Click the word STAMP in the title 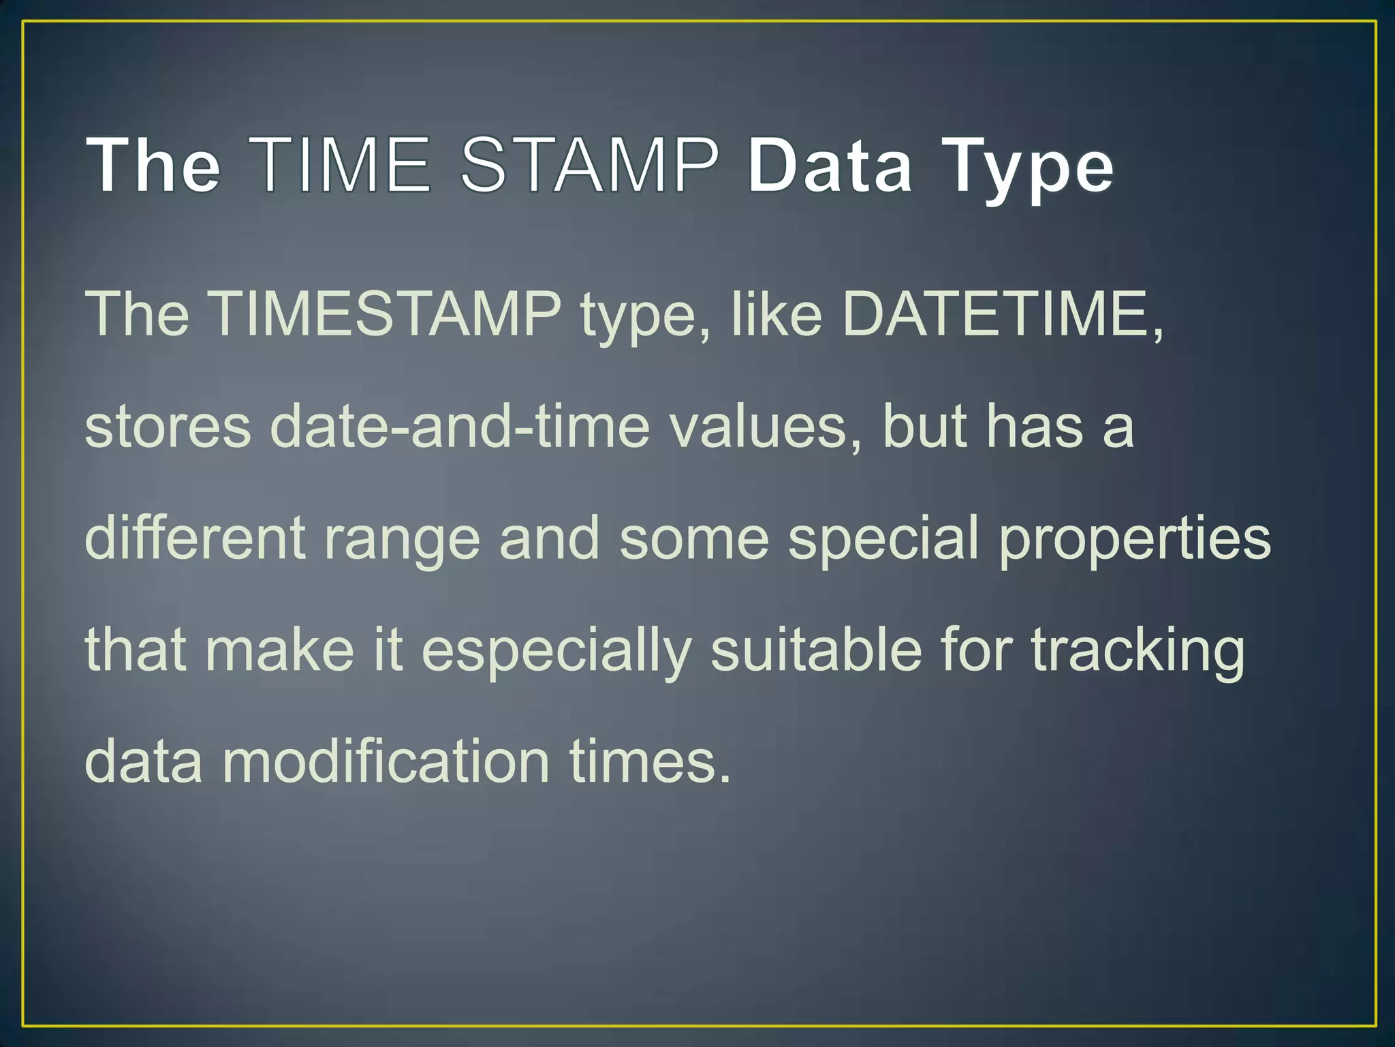[x=590, y=164]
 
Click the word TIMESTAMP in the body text [x=385, y=314]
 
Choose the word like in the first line [x=777, y=314]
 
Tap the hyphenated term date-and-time [x=460, y=425]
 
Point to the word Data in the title [x=829, y=164]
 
